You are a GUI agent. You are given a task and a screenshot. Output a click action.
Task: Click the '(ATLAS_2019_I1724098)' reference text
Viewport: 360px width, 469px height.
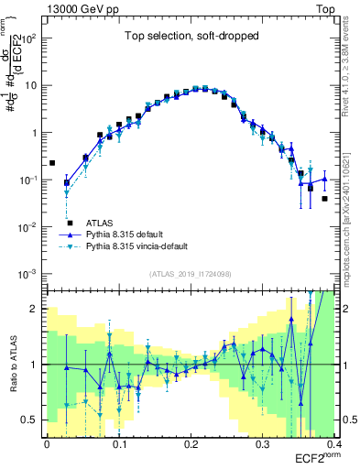191,274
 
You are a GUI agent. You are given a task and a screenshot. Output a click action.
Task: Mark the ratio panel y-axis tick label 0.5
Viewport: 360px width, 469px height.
31,420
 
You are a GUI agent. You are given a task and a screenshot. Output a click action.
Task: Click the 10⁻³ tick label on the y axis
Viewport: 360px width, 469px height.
29,274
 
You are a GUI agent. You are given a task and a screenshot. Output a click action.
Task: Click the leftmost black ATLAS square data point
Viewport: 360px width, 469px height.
52,163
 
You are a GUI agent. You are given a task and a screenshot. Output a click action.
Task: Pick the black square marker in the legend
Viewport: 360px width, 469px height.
69,223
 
